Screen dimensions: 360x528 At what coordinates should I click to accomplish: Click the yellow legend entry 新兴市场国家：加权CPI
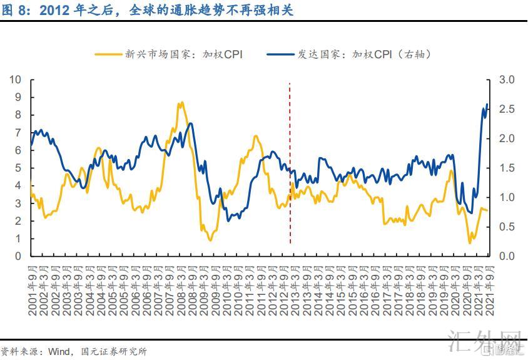169,54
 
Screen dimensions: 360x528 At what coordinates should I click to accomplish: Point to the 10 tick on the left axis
16,80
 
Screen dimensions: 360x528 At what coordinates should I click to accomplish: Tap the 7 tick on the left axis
18,133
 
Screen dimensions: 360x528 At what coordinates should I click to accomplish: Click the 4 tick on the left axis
18,186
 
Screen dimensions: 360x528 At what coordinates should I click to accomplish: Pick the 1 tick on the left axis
18,239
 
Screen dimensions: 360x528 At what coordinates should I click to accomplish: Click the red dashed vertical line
289,163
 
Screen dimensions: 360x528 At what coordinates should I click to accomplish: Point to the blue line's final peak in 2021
487,105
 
